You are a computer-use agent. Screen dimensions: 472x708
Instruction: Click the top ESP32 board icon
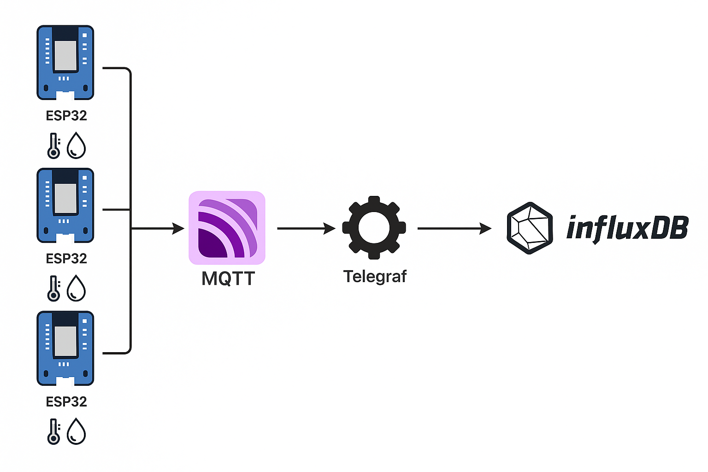pyautogui.click(x=65, y=62)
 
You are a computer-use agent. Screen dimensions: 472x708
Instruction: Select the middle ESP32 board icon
pyautogui.click(x=65, y=205)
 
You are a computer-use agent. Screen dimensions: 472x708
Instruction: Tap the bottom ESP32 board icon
pyautogui.click(x=65, y=348)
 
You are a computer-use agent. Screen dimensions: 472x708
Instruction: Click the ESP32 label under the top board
pyautogui.click(x=66, y=115)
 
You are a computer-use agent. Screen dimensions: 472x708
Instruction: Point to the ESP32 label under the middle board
pyautogui.click(x=66, y=259)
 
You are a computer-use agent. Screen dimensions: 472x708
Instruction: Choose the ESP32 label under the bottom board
pyautogui.click(x=66, y=401)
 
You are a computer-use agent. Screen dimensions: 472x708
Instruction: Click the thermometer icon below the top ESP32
pyautogui.click(x=54, y=146)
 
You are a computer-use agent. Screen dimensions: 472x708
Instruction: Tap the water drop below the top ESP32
pyautogui.click(x=77, y=146)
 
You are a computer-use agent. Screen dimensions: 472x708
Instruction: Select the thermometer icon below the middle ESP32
pyautogui.click(x=54, y=289)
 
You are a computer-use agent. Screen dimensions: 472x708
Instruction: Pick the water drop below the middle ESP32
pyautogui.click(x=77, y=289)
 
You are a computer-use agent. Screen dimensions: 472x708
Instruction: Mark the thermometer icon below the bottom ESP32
pyautogui.click(x=54, y=431)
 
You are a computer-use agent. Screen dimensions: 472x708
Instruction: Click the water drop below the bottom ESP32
pyautogui.click(x=77, y=431)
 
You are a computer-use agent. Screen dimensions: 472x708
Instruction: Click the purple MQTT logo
pyautogui.click(x=227, y=228)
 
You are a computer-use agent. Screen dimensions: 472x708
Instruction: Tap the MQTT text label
pyautogui.click(x=228, y=278)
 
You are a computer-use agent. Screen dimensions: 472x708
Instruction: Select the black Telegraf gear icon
pyautogui.click(x=374, y=228)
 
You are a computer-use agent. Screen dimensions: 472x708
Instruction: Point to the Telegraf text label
pyautogui.click(x=375, y=277)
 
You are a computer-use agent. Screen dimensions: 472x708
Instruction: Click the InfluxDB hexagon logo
pyautogui.click(x=530, y=228)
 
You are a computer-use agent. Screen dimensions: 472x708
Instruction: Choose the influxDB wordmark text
pyautogui.click(x=627, y=228)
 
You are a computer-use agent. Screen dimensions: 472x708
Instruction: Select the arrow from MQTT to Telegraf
pyautogui.click(x=306, y=228)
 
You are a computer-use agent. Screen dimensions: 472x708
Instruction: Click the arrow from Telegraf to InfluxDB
pyautogui.click(x=454, y=228)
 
